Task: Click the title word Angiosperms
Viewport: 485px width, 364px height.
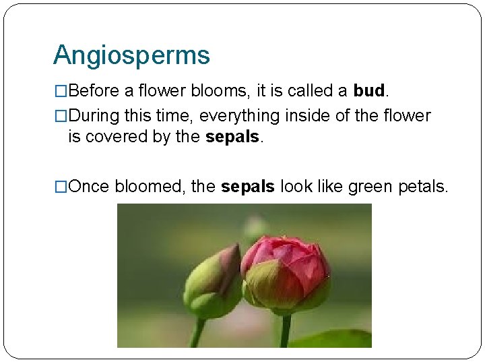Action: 131,55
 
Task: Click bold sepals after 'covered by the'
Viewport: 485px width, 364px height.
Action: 232,137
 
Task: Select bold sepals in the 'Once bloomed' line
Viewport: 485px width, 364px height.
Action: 247,186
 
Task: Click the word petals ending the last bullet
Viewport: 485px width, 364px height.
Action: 422,186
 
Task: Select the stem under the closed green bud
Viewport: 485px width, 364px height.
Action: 197,333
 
